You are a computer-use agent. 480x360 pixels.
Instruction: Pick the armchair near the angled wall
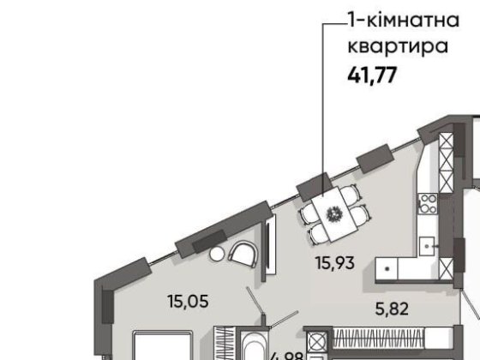click(244, 255)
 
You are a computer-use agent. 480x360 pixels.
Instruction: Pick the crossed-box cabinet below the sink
click(316, 342)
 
